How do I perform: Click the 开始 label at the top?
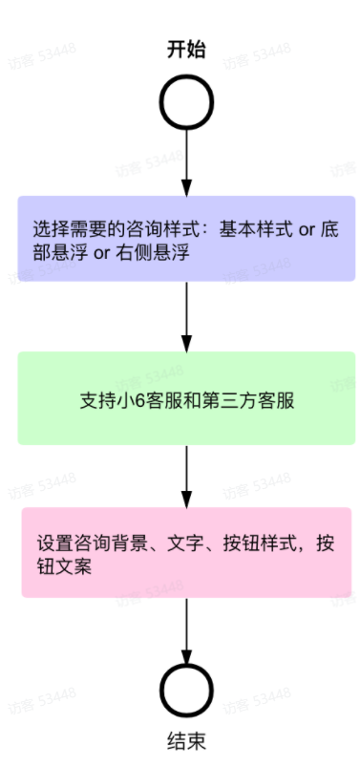click(x=186, y=49)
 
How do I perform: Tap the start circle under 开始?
click(x=186, y=100)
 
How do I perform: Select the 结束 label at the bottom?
click(x=186, y=740)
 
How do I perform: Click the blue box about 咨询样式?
click(x=186, y=239)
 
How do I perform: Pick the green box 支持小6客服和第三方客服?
click(x=186, y=398)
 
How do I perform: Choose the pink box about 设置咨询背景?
click(x=186, y=553)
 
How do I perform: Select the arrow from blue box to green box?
click(x=186, y=316)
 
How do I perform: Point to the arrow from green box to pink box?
click(x=186, y=476)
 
